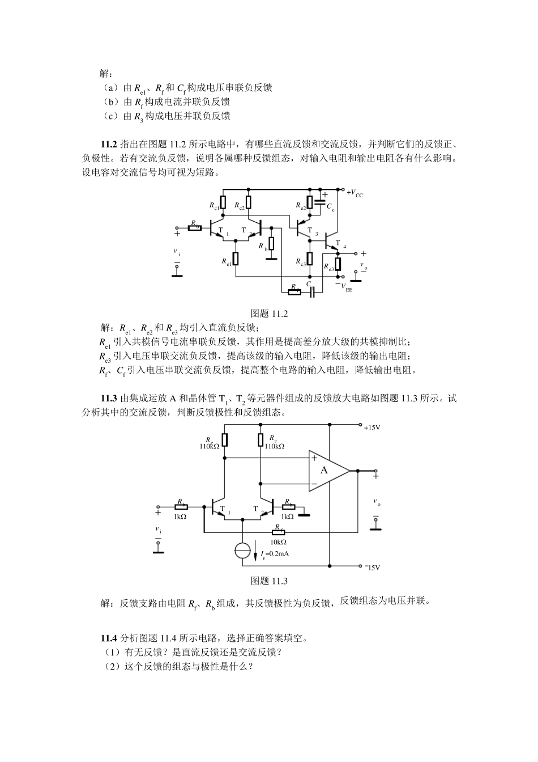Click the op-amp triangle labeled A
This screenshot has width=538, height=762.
pos(327,471)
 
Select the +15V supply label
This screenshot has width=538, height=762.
pos(372,427)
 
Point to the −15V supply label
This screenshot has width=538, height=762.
pos(372,566)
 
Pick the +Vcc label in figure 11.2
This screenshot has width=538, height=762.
pos(355,193)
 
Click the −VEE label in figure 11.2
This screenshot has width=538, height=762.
pos(344,287)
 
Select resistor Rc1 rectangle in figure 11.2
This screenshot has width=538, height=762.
pos(223,202)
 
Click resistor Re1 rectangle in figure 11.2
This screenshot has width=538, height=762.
pos(236,259)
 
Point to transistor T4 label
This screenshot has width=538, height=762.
pos(339,244)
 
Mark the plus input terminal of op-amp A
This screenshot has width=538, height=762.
pos(314,458)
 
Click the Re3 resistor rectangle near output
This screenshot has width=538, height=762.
pos(338,264)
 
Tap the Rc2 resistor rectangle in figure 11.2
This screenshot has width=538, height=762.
pos(249,202)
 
